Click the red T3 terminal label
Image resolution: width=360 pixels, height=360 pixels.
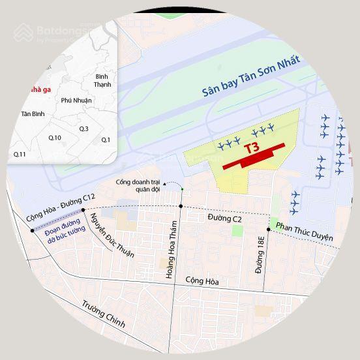(x=252, y=148)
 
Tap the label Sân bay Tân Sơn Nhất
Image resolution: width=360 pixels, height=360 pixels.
(x=250, y=77)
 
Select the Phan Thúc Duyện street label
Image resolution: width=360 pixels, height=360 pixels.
(x=304, y=232)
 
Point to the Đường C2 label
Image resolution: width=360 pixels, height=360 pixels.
(x=225, y=218)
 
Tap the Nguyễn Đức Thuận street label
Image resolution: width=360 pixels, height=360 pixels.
(x=112, y=235)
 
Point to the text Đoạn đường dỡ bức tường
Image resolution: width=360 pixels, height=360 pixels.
(x=65, y=230)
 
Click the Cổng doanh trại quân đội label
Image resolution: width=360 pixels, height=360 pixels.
(x=138, y=185)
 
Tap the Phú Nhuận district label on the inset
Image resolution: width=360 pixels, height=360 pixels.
(x=76, y=100)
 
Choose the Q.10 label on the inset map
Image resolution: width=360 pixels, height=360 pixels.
(x=55, y=138)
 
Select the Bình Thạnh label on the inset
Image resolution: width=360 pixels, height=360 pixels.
(x=102, y=81)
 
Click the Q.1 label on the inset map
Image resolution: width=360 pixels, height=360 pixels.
(x=106, y=140)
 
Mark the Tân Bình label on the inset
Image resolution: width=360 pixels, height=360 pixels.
(x=33, y=114)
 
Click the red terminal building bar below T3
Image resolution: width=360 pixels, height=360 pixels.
(x=254, y=157)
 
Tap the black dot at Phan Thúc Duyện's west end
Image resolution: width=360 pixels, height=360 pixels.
(x=269, y=229)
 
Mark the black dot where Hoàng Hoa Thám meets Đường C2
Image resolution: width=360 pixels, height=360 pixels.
(x=181, y=206)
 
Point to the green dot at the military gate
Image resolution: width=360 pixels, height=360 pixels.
(x=182, y=189)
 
